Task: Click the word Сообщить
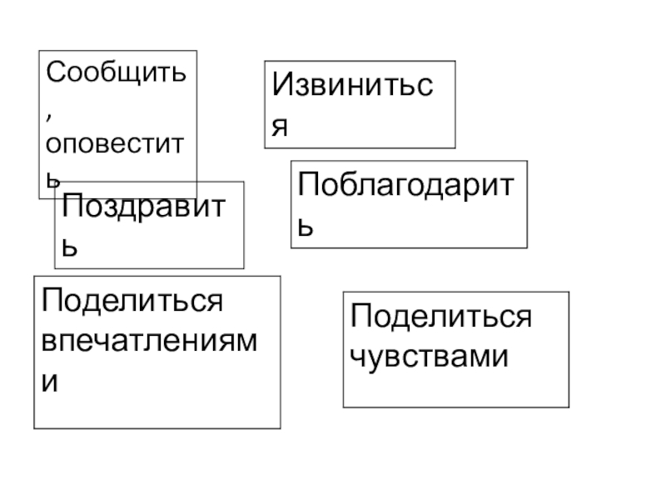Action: (x=116, y=72)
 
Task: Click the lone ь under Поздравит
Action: (x=72, y=247)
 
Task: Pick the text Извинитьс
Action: (x=355, y=86)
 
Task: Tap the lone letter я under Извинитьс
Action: (x=281, y=126)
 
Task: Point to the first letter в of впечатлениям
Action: (x=51, y=343)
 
